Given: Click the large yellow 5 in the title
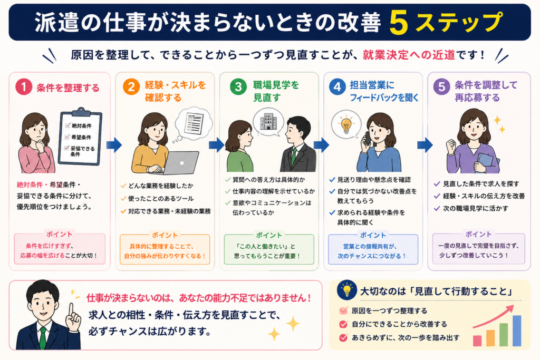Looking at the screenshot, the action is coord(399,23).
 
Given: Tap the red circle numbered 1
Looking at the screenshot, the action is coord(24,87).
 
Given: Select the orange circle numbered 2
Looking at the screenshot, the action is coord(131,87).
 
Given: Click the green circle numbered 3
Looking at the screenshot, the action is coord(238,87).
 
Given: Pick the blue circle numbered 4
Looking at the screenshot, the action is coord(337,87).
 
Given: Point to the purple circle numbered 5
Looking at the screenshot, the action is coord(442,87).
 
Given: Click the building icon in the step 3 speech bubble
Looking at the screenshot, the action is coord(268,121).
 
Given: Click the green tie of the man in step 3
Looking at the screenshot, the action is coord(293,156).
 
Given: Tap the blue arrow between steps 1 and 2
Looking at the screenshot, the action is coord(114,145).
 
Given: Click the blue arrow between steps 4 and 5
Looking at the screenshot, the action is coord(425,145).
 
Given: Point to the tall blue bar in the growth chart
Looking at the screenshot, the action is coord(517,330).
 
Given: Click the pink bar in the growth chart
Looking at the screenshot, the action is coord(477,340).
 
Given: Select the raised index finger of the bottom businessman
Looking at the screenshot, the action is coord(71,311).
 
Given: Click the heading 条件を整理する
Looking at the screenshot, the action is coord(68,88).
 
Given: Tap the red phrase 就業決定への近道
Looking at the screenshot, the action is coord(409,55).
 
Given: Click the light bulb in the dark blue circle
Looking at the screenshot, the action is coord(347,290).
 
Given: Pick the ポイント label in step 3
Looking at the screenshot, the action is coord(269,235).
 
